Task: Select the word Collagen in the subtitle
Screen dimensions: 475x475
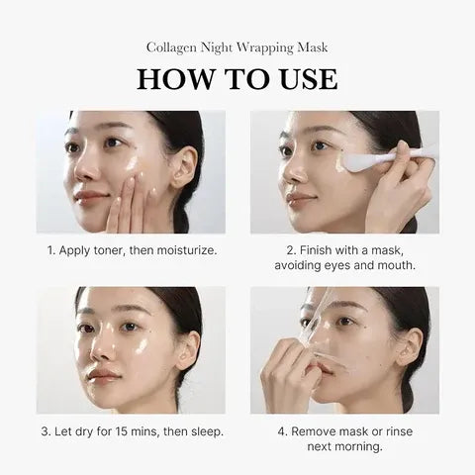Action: [x=173, y=47]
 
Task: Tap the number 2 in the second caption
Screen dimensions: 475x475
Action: [x=289, y=250]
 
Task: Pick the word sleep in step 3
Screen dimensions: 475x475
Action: [x=205, y=430]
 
